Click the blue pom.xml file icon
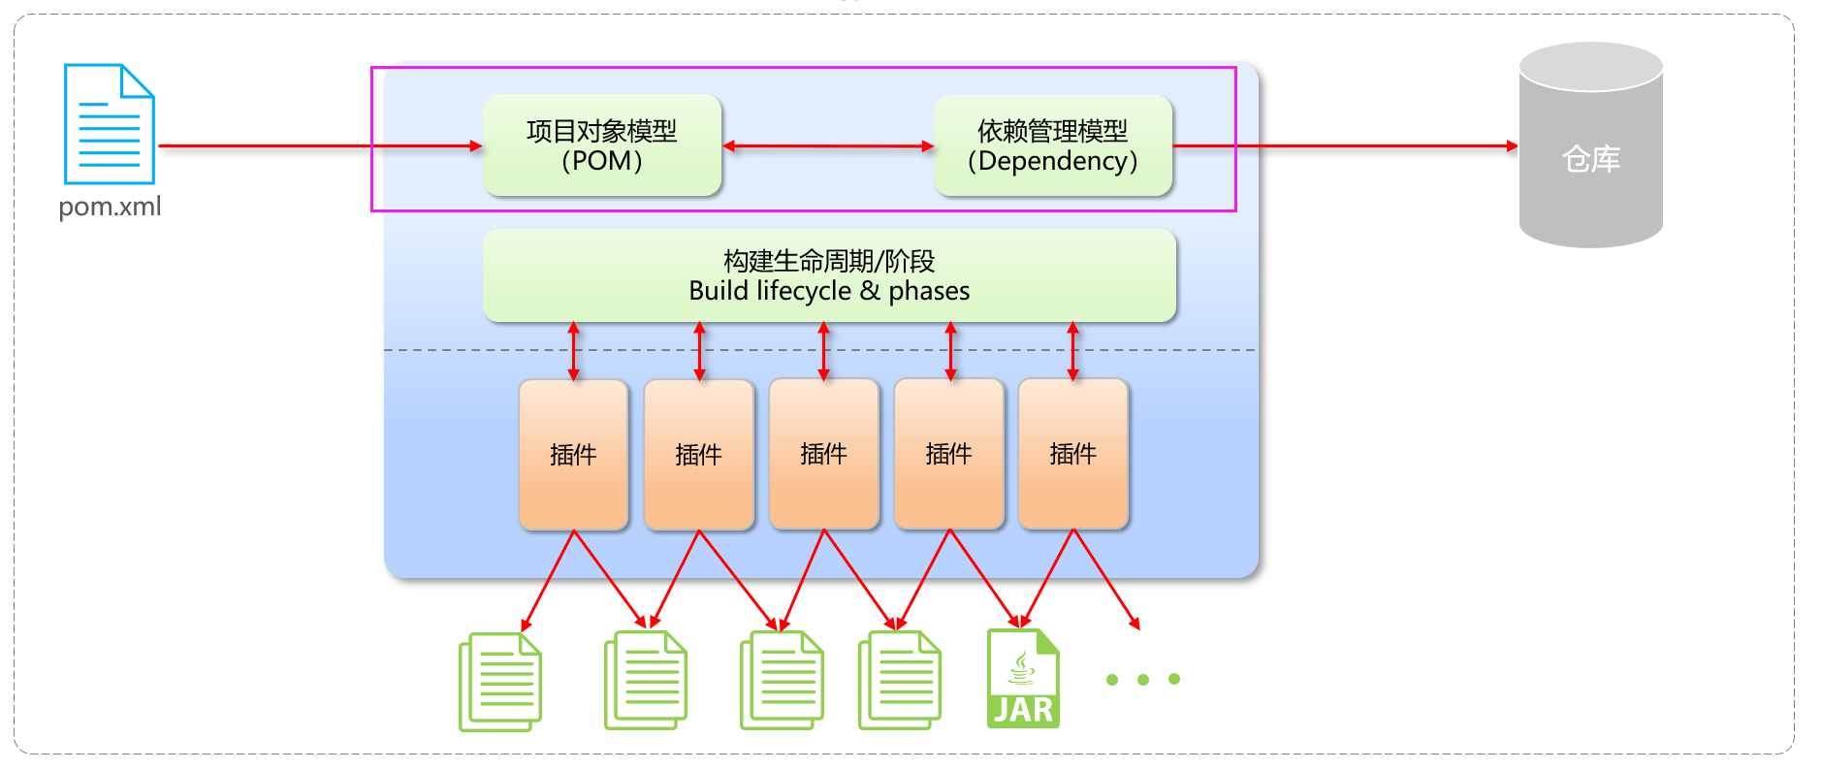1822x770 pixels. click(x=109, y=124)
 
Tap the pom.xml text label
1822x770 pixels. click(x=110, y=207)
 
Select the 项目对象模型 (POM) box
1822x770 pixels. click(x=602, y=145)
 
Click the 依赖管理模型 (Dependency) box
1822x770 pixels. click(x=1053, y=145)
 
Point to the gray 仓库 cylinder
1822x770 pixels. click(x=1590, y=145)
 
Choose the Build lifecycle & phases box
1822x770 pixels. click(x=829, y=275)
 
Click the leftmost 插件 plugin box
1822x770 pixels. click(x=573, y=454)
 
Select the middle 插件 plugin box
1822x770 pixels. click(x=823, y=454)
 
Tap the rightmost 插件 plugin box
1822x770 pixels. click(x=1073, y=454)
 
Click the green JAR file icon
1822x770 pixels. click(x=1023, y=679)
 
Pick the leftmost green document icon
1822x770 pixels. click(x=500, y=681)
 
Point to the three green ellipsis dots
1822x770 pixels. click(x=1143, y=680)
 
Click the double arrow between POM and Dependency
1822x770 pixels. click(x=828, y=146)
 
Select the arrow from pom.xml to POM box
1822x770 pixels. click(x=320, y=146)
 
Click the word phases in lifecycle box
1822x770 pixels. click(x=929, y=291)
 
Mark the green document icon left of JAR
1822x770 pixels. click(x=899, y=680)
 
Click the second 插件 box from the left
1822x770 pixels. click(x=698, y=454)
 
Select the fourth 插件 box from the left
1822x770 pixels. click(x=948, y=454)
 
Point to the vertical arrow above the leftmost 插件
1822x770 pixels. click(x=574, y=351)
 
